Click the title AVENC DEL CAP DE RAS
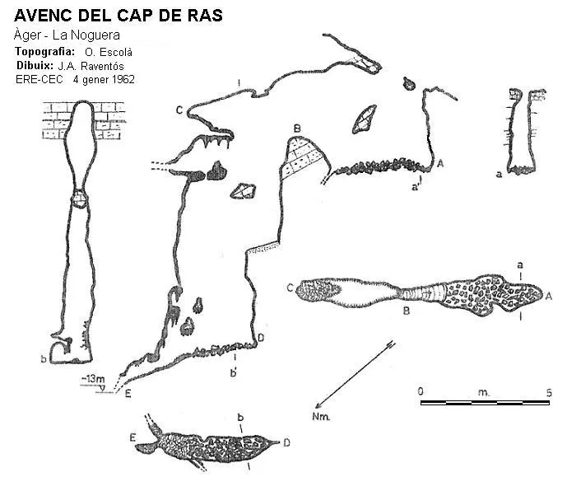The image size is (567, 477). [x=119, y=15]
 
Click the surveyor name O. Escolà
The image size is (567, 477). [x=109, y=52]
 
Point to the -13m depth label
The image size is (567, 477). [x=93, y=379]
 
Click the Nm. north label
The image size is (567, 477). [x=321, y=417]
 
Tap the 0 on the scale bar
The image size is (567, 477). [x=421, y=391]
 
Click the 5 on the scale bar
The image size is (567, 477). [x=549, y=392]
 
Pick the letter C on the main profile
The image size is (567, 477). [x=179, y=110]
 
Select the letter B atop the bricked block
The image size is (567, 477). [x=297, y=129]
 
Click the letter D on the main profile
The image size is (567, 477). [x=261, y=338]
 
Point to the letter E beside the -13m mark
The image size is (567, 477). [x=128, y=394]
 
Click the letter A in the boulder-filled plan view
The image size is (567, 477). [x=548, y=296]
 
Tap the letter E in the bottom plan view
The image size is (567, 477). [x=132, y=437]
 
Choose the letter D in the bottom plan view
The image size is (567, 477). [x=286, y=442]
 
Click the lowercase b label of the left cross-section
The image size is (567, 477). [x=44, y=359]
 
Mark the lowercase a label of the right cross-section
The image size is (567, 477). [x=499, y=175]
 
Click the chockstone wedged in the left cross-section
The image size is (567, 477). [x=79, y=199]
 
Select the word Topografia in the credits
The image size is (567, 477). [x=44, y=51]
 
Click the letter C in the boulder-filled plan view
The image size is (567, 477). [x=290, y=288]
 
